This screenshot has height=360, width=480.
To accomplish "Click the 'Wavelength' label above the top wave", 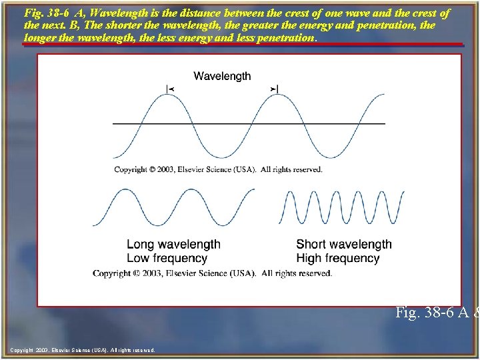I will tap(222, 76).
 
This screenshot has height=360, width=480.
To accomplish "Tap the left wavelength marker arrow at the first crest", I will tap(169, 89).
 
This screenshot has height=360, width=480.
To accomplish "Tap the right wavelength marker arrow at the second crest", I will tap(275, 89).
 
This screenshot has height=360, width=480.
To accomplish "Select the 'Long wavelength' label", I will tap(173, 245).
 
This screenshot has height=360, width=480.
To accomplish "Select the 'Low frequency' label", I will tap(167, 258).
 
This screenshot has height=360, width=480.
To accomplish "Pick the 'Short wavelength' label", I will tap(344, 245).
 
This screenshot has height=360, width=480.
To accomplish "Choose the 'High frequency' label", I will tap(338, 258).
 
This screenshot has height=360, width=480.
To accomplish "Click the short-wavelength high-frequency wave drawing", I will tap(333, 208).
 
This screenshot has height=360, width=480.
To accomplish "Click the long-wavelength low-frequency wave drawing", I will tap(173, 208).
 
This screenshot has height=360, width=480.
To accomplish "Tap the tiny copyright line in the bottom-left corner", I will tap(83, 350).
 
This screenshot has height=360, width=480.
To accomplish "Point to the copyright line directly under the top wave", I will tap(218, 170).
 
